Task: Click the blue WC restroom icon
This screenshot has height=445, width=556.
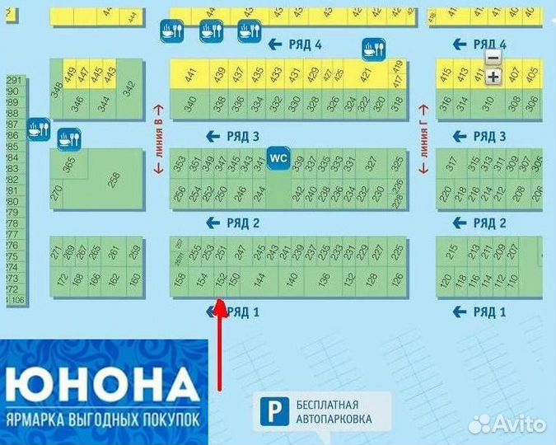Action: point(278,157)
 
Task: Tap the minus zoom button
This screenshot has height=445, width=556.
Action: point(493,58)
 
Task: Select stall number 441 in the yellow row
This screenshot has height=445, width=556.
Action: point(190,75)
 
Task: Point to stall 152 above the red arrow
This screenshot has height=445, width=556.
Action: point(221,281)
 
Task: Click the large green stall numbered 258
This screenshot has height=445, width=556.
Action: point(114,177)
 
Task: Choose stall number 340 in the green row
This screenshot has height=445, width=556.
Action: point(190,105)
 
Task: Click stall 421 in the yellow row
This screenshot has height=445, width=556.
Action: point(365,75)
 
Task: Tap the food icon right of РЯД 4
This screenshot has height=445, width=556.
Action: point(374,49)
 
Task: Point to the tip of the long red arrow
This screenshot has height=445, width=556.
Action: point(220,302)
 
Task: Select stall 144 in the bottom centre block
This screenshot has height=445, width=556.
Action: point(259,281)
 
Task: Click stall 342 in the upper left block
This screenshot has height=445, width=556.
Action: point(128,90)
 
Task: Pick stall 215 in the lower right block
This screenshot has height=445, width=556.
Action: point(451,251)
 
